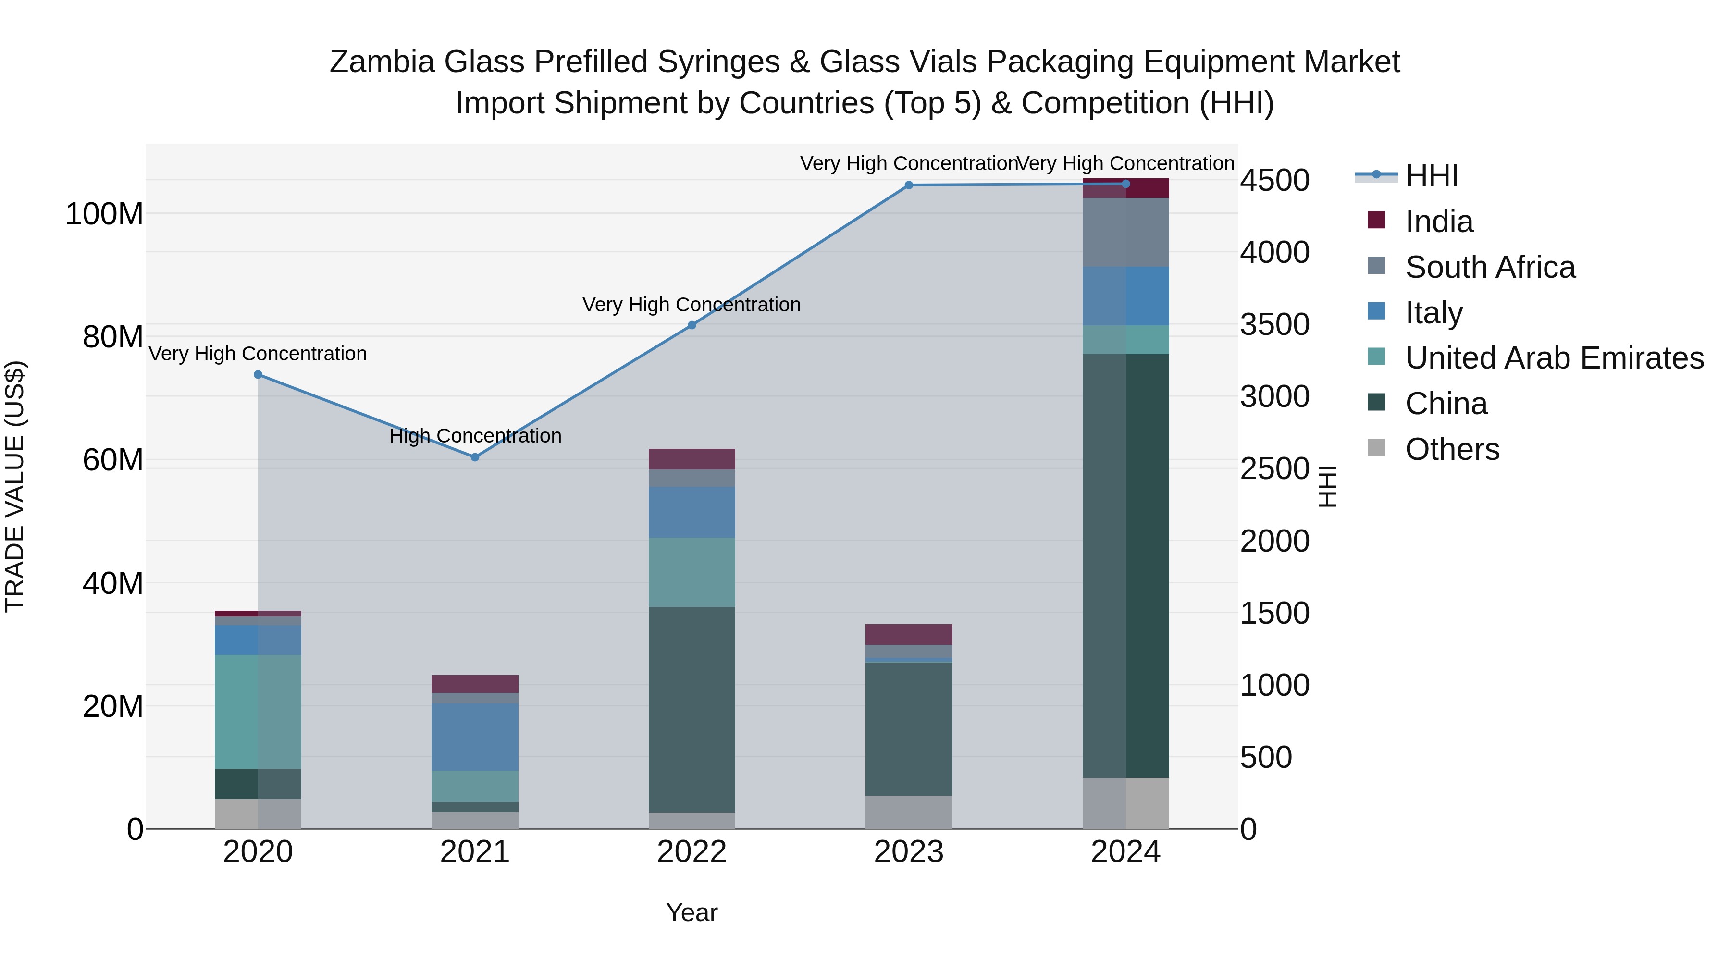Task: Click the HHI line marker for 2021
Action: point(475,457)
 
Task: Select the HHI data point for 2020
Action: point(258,375)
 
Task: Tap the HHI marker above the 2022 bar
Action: point(692,325)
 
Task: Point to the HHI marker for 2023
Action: point(909,185)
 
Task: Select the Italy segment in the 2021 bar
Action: point(475,737)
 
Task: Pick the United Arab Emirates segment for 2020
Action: point(258,711)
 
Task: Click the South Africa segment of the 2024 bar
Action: point(1125,233)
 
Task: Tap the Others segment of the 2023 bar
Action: point(909,812)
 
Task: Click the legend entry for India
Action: point(1438,222)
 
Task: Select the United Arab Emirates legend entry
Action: point(1553,358)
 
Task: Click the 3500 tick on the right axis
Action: point(1274,324)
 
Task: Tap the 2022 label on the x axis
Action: point(692,852)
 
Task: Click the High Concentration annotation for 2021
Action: point(475,436)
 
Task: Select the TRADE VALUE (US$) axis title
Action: point(15,486)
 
